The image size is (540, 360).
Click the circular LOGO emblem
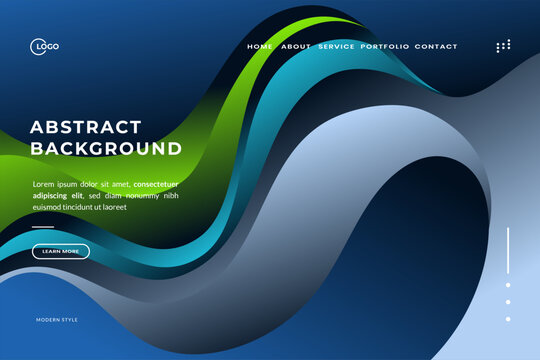point(37,46)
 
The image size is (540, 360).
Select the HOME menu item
point(260,47)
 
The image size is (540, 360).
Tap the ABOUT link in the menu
point(296,47)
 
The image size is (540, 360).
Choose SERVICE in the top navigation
point(336,47)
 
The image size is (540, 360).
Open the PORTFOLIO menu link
point(385,47)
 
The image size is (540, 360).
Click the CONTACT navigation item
point(436,47)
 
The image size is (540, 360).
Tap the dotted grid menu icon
point(503,46)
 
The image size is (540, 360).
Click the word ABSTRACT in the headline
point(86,127)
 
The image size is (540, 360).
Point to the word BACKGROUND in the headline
point(106,149)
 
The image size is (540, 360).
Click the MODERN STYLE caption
point(57,320)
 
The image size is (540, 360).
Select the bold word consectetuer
point(156,184)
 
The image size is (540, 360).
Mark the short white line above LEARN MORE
point(43,228)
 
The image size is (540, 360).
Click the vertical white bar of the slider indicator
point(508,250)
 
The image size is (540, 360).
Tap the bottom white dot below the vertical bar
point(508,319)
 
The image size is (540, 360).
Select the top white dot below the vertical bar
point(508,285)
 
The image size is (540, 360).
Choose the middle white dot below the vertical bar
point(508,302)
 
